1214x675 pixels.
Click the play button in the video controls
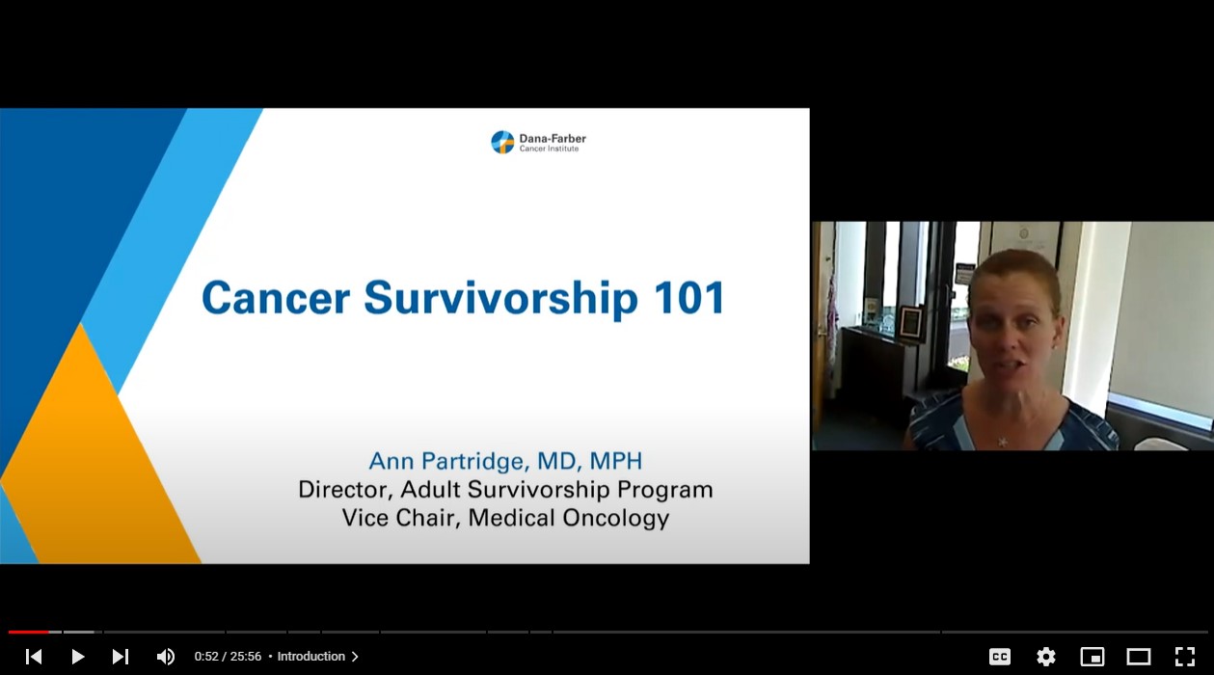click(x=78, y=657)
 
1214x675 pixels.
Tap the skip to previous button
click(x=34, y=657)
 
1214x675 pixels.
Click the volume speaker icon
click(x=166, y=657)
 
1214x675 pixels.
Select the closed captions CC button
click(x=1000, y=657)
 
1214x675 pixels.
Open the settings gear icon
click(x=1046, y=657)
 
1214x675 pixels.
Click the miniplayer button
click(x=1093, y=657)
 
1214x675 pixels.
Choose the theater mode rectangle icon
click(x=1139, y=657)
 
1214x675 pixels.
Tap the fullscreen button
click(x=1185, y=657)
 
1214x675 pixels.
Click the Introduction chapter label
click(x=311, y=657)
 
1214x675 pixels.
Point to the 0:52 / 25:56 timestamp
click(x=228, y=657)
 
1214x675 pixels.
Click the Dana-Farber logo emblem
click(x=502, y=143)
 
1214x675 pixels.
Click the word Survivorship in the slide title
click(x=500, y=298)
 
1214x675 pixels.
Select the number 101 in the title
click(x=689, y=298)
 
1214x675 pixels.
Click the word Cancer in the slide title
click(x=276, y=298)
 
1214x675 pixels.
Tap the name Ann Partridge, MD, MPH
click(x=505, y=461)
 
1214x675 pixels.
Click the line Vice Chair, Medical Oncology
click(x=505, y=518)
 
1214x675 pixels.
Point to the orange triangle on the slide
click(x=92, y=463)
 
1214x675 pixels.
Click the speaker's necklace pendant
click(x=1003, y=442)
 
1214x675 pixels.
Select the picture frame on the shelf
click(x=910, y=322)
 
